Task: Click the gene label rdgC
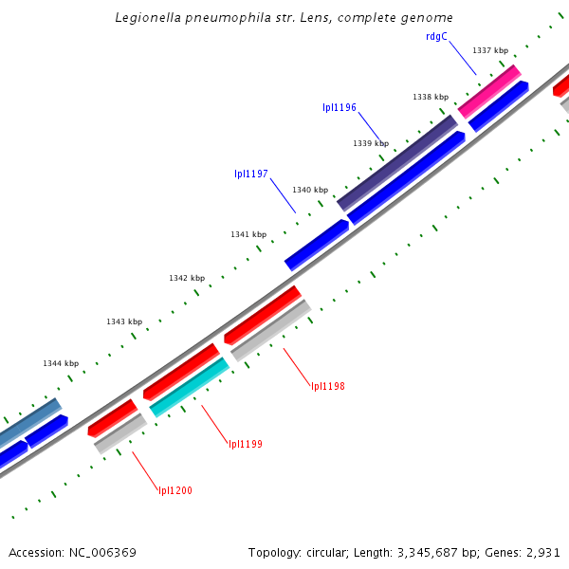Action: (x=436, y=37)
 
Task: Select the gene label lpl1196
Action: (x=340, y=107)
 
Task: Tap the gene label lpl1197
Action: (x=251, y=174)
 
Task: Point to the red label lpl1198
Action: (x=328, y=386)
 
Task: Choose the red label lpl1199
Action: (x=246, y=444)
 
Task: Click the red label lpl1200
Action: (x=175, y=490)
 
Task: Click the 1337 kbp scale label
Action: (x=490, y=50)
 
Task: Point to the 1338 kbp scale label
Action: (x=431, y=97)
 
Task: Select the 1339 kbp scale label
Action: (x=371, y=143)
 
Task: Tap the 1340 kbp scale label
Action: (x=310, y=190)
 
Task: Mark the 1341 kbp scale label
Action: (x=248, y=234)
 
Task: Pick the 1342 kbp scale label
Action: (x=187, y=278)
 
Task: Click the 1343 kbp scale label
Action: (x=124, y=321)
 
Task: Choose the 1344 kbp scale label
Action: (x=61, y=363)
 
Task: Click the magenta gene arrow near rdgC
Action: (x=489, y=91)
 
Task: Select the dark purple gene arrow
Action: (x=398, y=162)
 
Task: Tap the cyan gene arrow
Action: (x=190, y=387)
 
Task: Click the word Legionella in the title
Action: (x=147, y=17)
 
